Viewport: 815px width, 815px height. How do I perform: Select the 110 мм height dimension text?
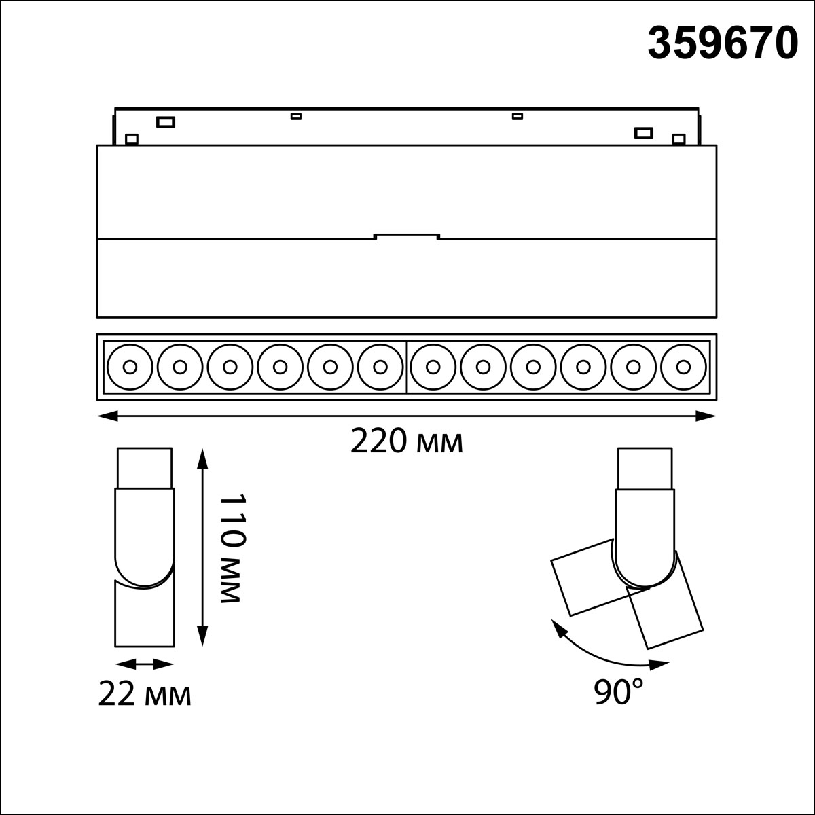point(232,548)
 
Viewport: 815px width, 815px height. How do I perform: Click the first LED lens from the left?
point(130,367)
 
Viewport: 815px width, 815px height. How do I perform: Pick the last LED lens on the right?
point(683,367)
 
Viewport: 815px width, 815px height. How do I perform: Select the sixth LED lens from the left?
point(380,367)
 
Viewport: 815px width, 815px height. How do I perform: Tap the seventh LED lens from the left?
point(433,367)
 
